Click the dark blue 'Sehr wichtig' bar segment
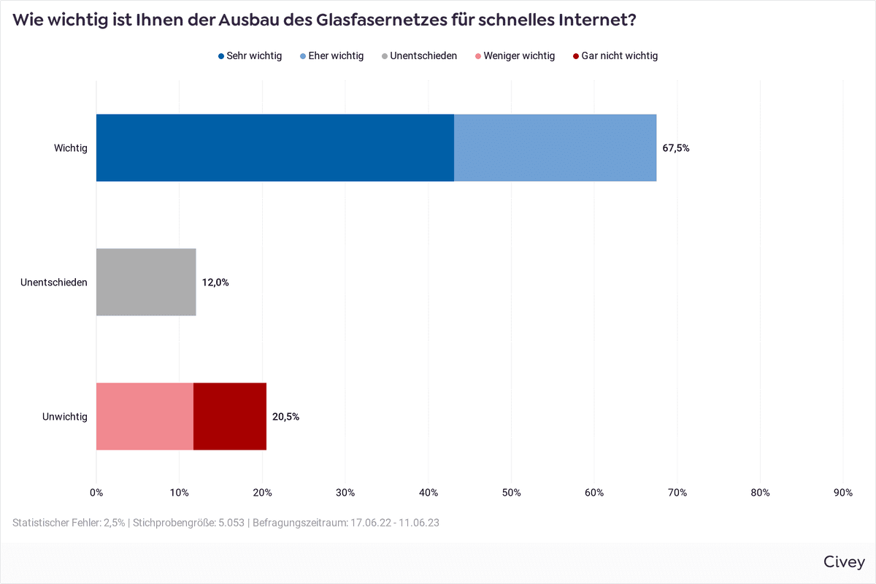274,147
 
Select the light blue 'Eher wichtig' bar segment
555,147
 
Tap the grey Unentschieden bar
146,282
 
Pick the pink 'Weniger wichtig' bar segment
145,416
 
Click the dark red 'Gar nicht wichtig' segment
230,416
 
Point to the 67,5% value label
675,148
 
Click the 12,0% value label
215,283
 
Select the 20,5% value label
285,417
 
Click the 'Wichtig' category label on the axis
70,148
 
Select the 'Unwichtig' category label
65,417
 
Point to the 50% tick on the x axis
512,493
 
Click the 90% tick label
843,493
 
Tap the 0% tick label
96,493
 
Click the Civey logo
844,561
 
